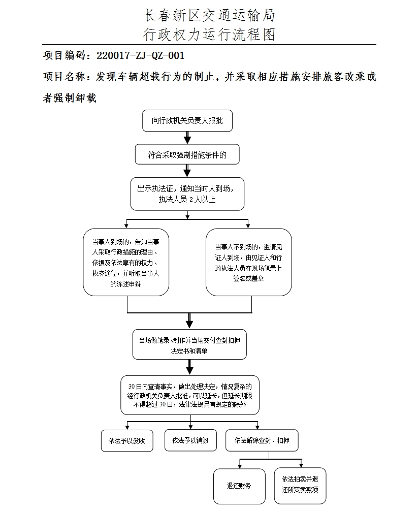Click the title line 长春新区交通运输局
click(x=209, y=15)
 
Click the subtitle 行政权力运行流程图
click(x=209, y=34)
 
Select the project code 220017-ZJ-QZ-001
click(x=140, y=55)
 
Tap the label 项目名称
click(x=66, y=77)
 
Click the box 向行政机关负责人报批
click(x=187, y=121)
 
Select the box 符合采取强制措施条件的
click(x=187, y=155)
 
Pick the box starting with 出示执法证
click(x=187, y=194)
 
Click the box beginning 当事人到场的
click(x=126, y=262)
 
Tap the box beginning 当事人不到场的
click(x=248, y=262)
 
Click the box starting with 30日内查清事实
click(x=189, y=395)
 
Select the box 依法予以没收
click(x=123, y=441)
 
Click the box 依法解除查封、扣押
click(x=262, y=440)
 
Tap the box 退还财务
click(x=239, y=486)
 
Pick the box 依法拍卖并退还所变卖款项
click(x=300, y=486)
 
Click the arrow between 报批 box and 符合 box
click(x=187, y=138)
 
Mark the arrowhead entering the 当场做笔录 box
click(x=189, y=324)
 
